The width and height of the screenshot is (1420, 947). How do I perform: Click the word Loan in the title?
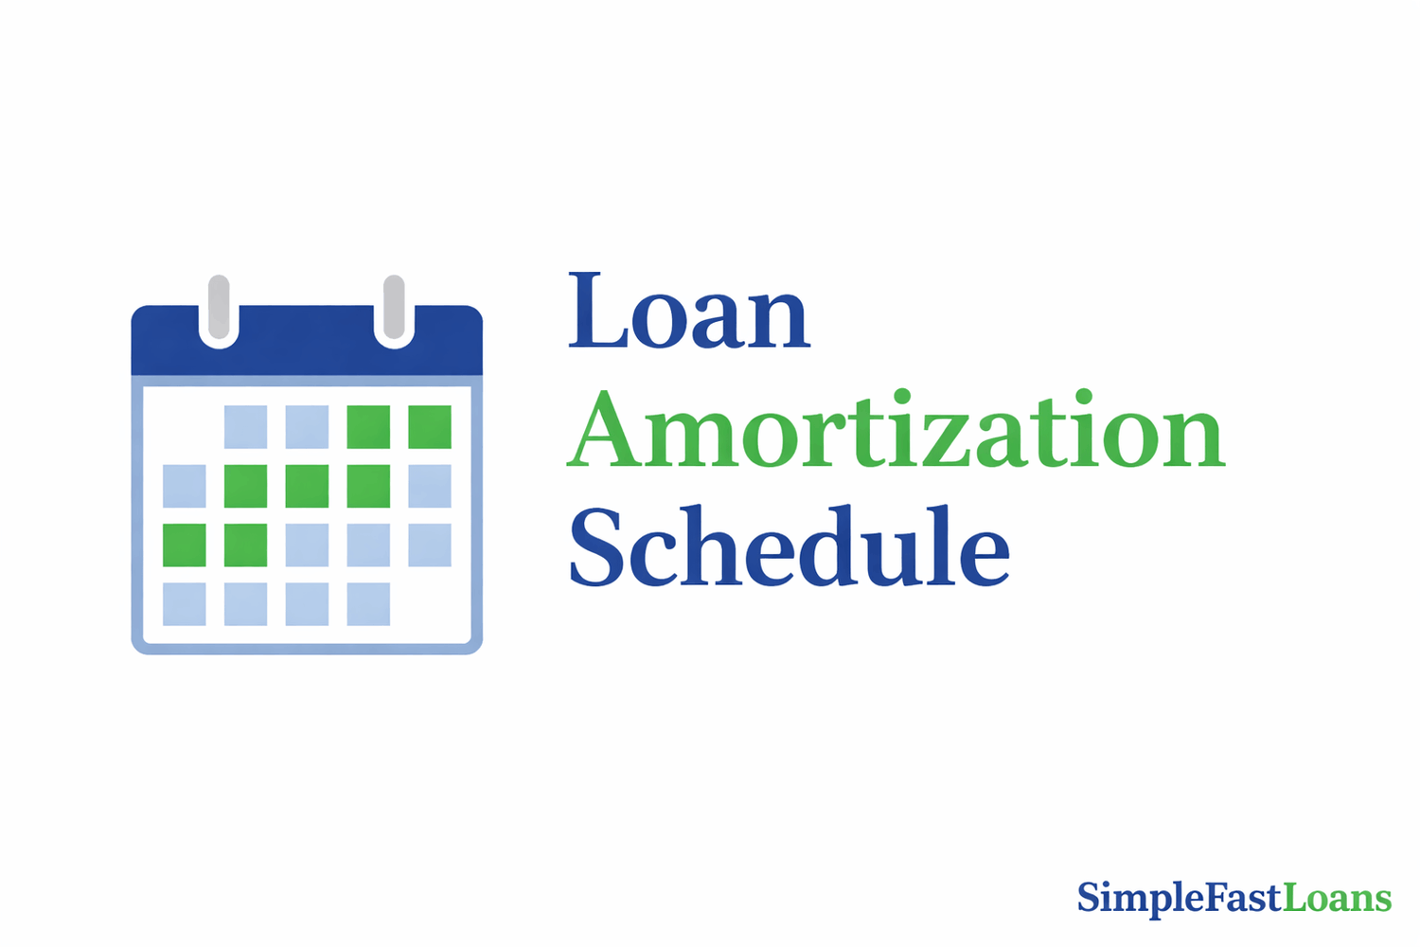coord(688,313)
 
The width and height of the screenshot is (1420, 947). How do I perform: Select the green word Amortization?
coord(896,431)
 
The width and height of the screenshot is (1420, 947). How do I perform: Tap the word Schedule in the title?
coord(789,547)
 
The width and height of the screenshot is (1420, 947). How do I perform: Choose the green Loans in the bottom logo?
coord(1337,898)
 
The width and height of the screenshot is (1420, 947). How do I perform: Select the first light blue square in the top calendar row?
coord(245,427)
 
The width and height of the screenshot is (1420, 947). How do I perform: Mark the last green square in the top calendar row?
coord(430,427)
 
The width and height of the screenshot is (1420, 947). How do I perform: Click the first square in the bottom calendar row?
coord(185,604)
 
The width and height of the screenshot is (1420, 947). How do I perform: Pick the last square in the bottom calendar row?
coord(368,604)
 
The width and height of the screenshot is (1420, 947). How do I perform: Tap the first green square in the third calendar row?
coord(185,545)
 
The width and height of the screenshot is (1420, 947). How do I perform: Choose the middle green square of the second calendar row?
coord(307,486)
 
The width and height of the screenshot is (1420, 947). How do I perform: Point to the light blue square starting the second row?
coord(185,486)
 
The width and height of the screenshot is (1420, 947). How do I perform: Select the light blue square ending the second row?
coord(430,486)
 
